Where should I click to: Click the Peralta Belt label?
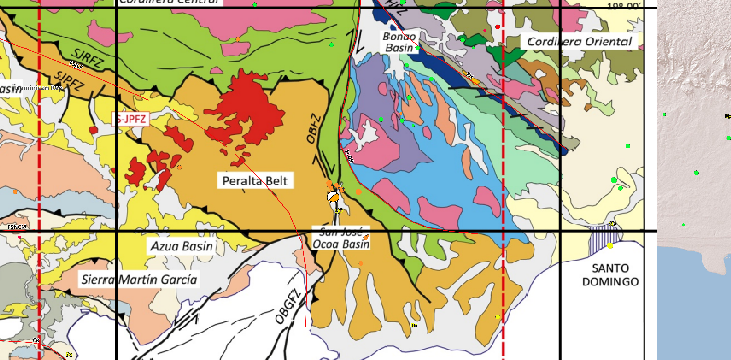[255, 181]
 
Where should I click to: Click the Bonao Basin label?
[399, 42]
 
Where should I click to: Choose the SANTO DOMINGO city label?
[610, 275]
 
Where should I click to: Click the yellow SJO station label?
[339, 211]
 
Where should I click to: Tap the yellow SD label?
[612, 224]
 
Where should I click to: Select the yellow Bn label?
[414, 325]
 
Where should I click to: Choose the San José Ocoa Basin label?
[341, 239]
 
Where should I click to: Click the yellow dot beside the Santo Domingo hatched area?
[610, 246]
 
